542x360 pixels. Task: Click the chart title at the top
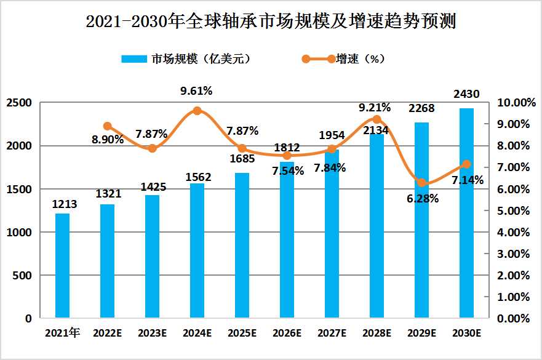pyautogui.click(x=271, y=23)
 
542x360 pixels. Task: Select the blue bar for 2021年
pyautogui.click(x=62, y=266)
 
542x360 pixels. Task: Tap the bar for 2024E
pyautogui.click(x=197, y=251)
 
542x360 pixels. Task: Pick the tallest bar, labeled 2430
pyautogui.click(x=466, y=214)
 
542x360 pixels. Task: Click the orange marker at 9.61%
pyautogui.click(x=197, y=111)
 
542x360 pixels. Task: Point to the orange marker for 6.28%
pyautogui.click(x=421, y=182)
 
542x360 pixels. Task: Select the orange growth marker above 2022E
pyautogui.click(x=108, y=126)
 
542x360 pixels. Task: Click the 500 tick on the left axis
pyautogui.click(x=24, y=276)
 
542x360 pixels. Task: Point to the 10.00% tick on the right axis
pyautogui.click(x=512, y=103)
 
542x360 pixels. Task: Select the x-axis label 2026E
pyautogui.click(x=287, y=334)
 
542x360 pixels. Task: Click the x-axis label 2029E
pyautogui.click(x=421, y=334)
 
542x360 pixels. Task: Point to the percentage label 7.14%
pyautogui.click(x=467, y=180)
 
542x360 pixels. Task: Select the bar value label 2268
pyautogui.click(x=421, y=109)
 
